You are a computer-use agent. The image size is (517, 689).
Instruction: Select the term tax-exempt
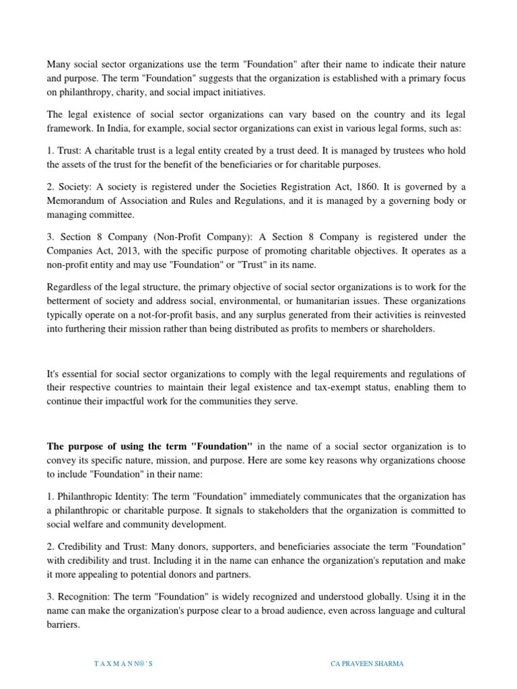pos(314,388)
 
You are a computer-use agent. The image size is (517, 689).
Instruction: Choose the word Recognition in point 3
pos(81,597)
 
